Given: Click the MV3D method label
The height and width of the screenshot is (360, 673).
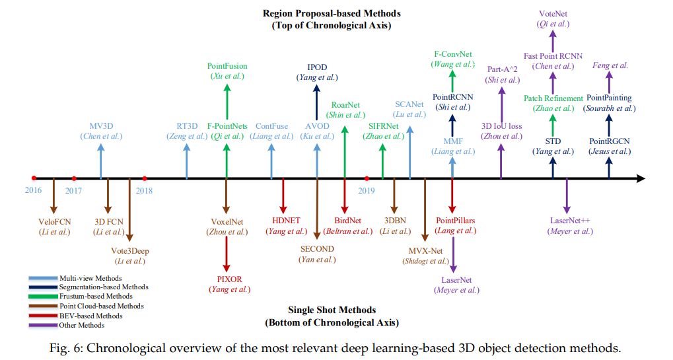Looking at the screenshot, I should [x=101, y=126].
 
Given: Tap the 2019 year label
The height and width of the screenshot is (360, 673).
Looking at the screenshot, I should [x=367, y=190].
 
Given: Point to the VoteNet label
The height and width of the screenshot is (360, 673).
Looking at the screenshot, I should [x=553, y=13].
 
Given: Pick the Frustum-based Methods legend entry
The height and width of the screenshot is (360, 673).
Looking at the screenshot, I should [x=100, y=296].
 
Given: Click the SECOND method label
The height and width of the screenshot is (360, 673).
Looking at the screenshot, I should [x=317, y=249].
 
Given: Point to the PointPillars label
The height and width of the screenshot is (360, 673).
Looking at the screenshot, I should [x=456, y=220].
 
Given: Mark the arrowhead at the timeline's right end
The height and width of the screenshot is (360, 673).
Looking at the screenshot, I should [x=640, y=178].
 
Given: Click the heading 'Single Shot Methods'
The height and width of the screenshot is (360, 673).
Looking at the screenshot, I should [x=332, y=310].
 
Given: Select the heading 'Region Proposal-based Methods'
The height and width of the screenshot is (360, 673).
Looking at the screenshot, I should [x=332, y=13].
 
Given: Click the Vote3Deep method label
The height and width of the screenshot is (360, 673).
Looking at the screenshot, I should [x=129, y=250].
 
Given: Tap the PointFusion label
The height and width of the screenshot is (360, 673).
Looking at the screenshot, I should [x=227, y=66].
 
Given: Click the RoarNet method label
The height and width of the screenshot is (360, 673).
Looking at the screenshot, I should [x=345, y=104].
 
